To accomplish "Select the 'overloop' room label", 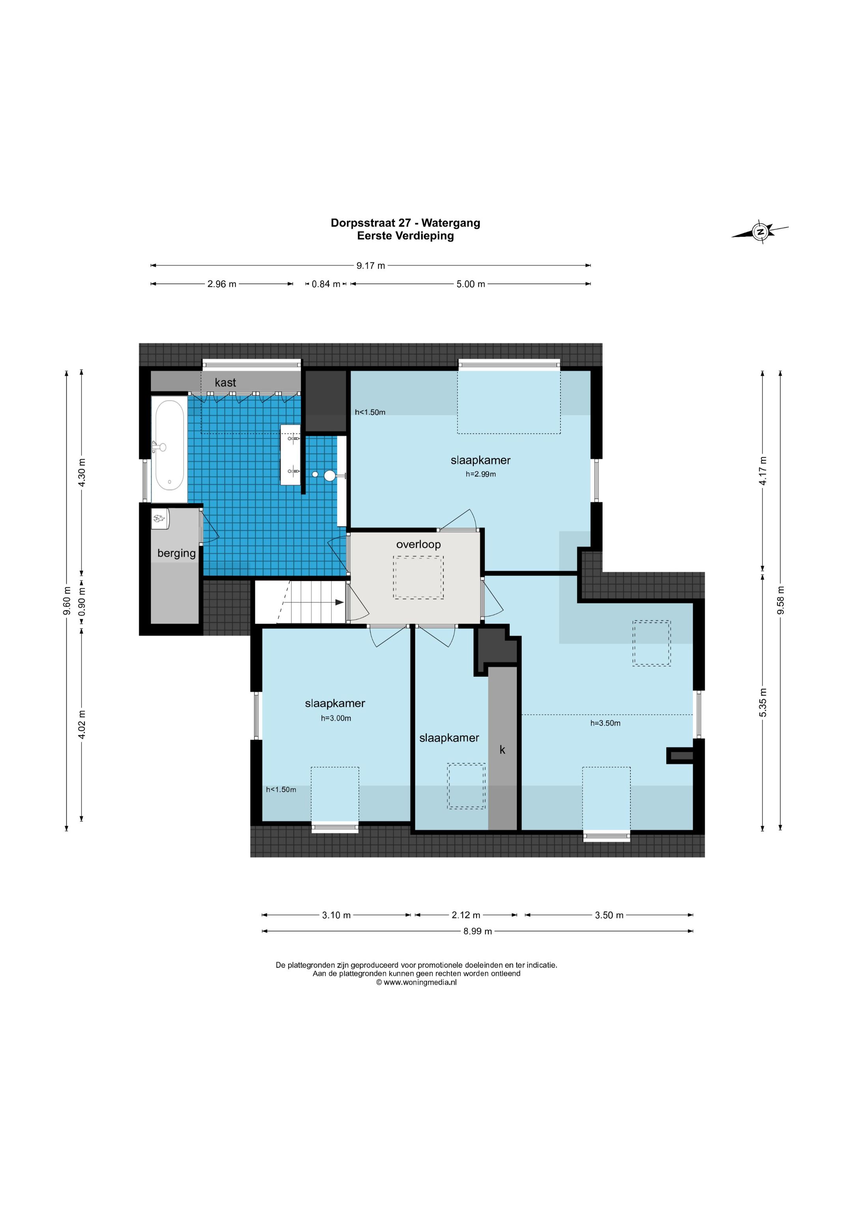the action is (x=419, y=544).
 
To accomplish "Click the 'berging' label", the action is (x=176, y=553).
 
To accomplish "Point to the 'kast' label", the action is (x=225, y=383).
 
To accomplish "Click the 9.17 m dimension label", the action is (x=371, y=265).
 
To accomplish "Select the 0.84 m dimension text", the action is (x=326, y=284).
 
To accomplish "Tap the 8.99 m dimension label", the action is (x=477, y=932).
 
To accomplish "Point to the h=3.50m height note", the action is (x=605, y=723).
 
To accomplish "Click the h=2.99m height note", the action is (x=481, y=474).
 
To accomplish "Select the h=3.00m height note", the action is (x=336, y=718).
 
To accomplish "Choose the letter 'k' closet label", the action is (x=503, y=750).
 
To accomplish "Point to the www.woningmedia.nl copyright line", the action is (x=416, y=983).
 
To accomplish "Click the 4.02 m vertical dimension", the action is (x=82, y=724).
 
